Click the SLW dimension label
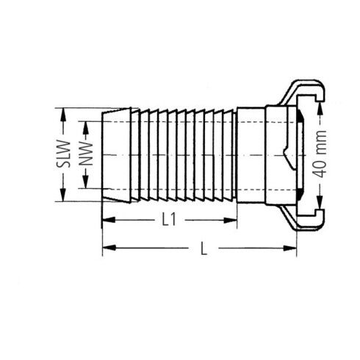click(63, 154)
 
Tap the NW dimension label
click(86, 154)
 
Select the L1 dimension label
click(169, 220)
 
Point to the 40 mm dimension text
click(320, 154)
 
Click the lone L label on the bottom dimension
click(204, 248)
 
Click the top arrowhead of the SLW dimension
click(63, 114)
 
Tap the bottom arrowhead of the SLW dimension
click(63, 195)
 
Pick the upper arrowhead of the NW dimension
click(85, 127)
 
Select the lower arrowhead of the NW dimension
click(85, 182)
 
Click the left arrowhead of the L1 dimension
click(109, 220)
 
